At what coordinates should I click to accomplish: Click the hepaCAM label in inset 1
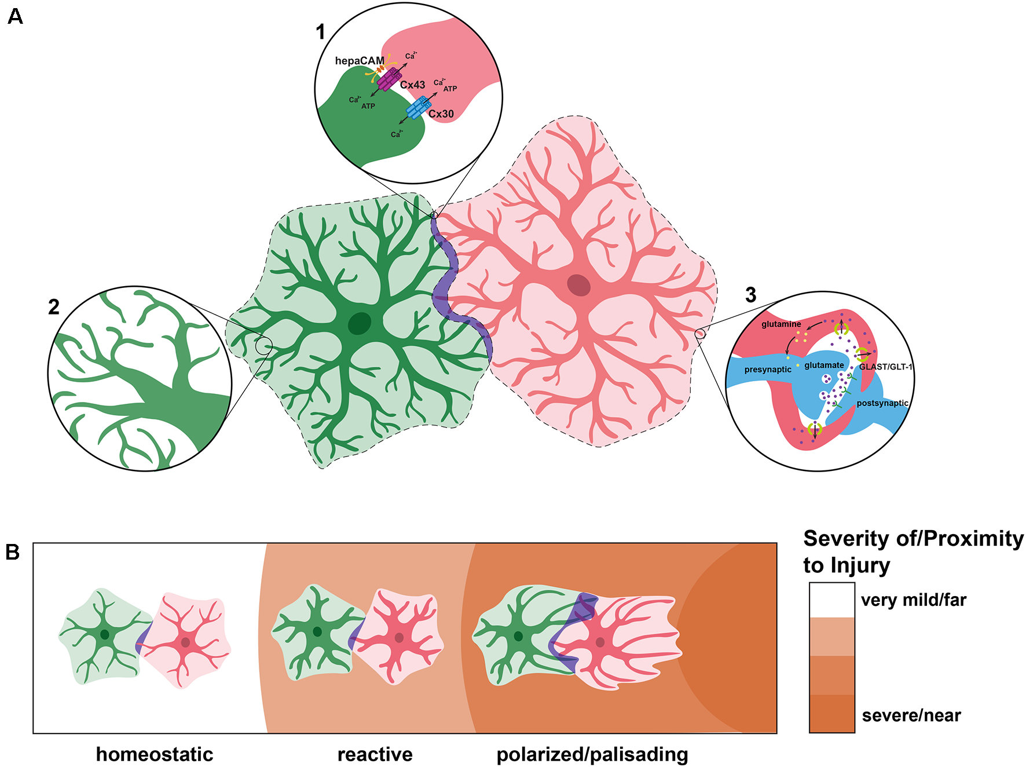[360, 61]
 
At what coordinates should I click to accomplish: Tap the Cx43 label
[412, 85]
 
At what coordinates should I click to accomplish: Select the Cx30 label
[441, 114]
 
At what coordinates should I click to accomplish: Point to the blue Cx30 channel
[418, 108]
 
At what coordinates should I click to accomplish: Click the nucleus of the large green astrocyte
[360, 323]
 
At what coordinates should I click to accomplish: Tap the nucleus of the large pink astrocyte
[578, 285]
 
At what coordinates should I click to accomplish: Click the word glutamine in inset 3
[781, 324]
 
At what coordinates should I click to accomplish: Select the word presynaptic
[768, 370]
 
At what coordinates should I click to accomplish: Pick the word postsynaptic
[882, 403]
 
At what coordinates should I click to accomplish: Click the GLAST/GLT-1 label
[885, 367]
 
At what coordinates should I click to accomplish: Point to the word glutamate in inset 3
[824, 365]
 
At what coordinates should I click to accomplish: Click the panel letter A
[16, 17]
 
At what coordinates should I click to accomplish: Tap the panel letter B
[12, 552]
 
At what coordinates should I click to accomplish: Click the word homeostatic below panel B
[155, 754]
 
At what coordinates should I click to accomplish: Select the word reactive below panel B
[375, 754]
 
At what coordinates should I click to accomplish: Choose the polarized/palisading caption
[592, 754]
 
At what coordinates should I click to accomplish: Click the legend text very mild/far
[914, 600]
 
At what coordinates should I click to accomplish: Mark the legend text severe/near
[911, 715]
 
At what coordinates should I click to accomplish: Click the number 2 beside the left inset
[54, 307]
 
